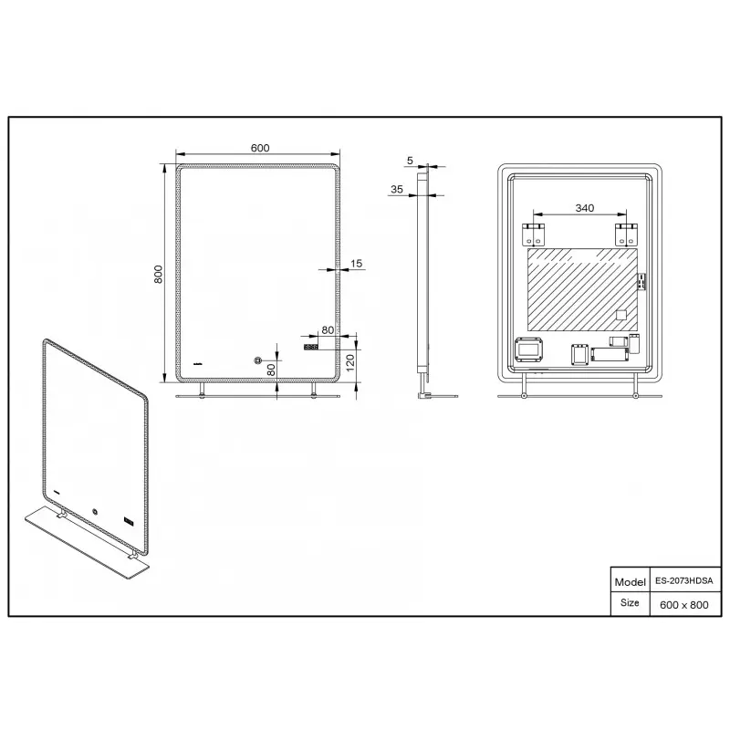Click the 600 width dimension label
[x=260, y=148]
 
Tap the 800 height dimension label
[x=158, y=275]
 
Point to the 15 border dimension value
[x=356, y=264]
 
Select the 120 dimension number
[x=350, y=362]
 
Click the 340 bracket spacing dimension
[x=584, y=208]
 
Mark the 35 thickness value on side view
[x=397, y=189]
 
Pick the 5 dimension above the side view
[x=410, y=161]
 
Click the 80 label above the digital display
[x=328, y=330]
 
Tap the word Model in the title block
[x=630, y=582]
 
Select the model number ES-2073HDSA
[x=683, y=581]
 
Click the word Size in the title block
[x=630, y=602]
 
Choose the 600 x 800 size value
[x=683, y=605]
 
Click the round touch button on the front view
[x=257, y=360]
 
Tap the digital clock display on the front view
[x=310, y=347]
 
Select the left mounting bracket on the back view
[x=533, y=235]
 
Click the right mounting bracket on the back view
[x=626, y=235]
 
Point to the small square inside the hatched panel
[x=621, y=315]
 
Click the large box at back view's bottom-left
[x=529, y=349]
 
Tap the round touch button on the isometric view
[x=95, y=511]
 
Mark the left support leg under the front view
[x=202, y=391]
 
